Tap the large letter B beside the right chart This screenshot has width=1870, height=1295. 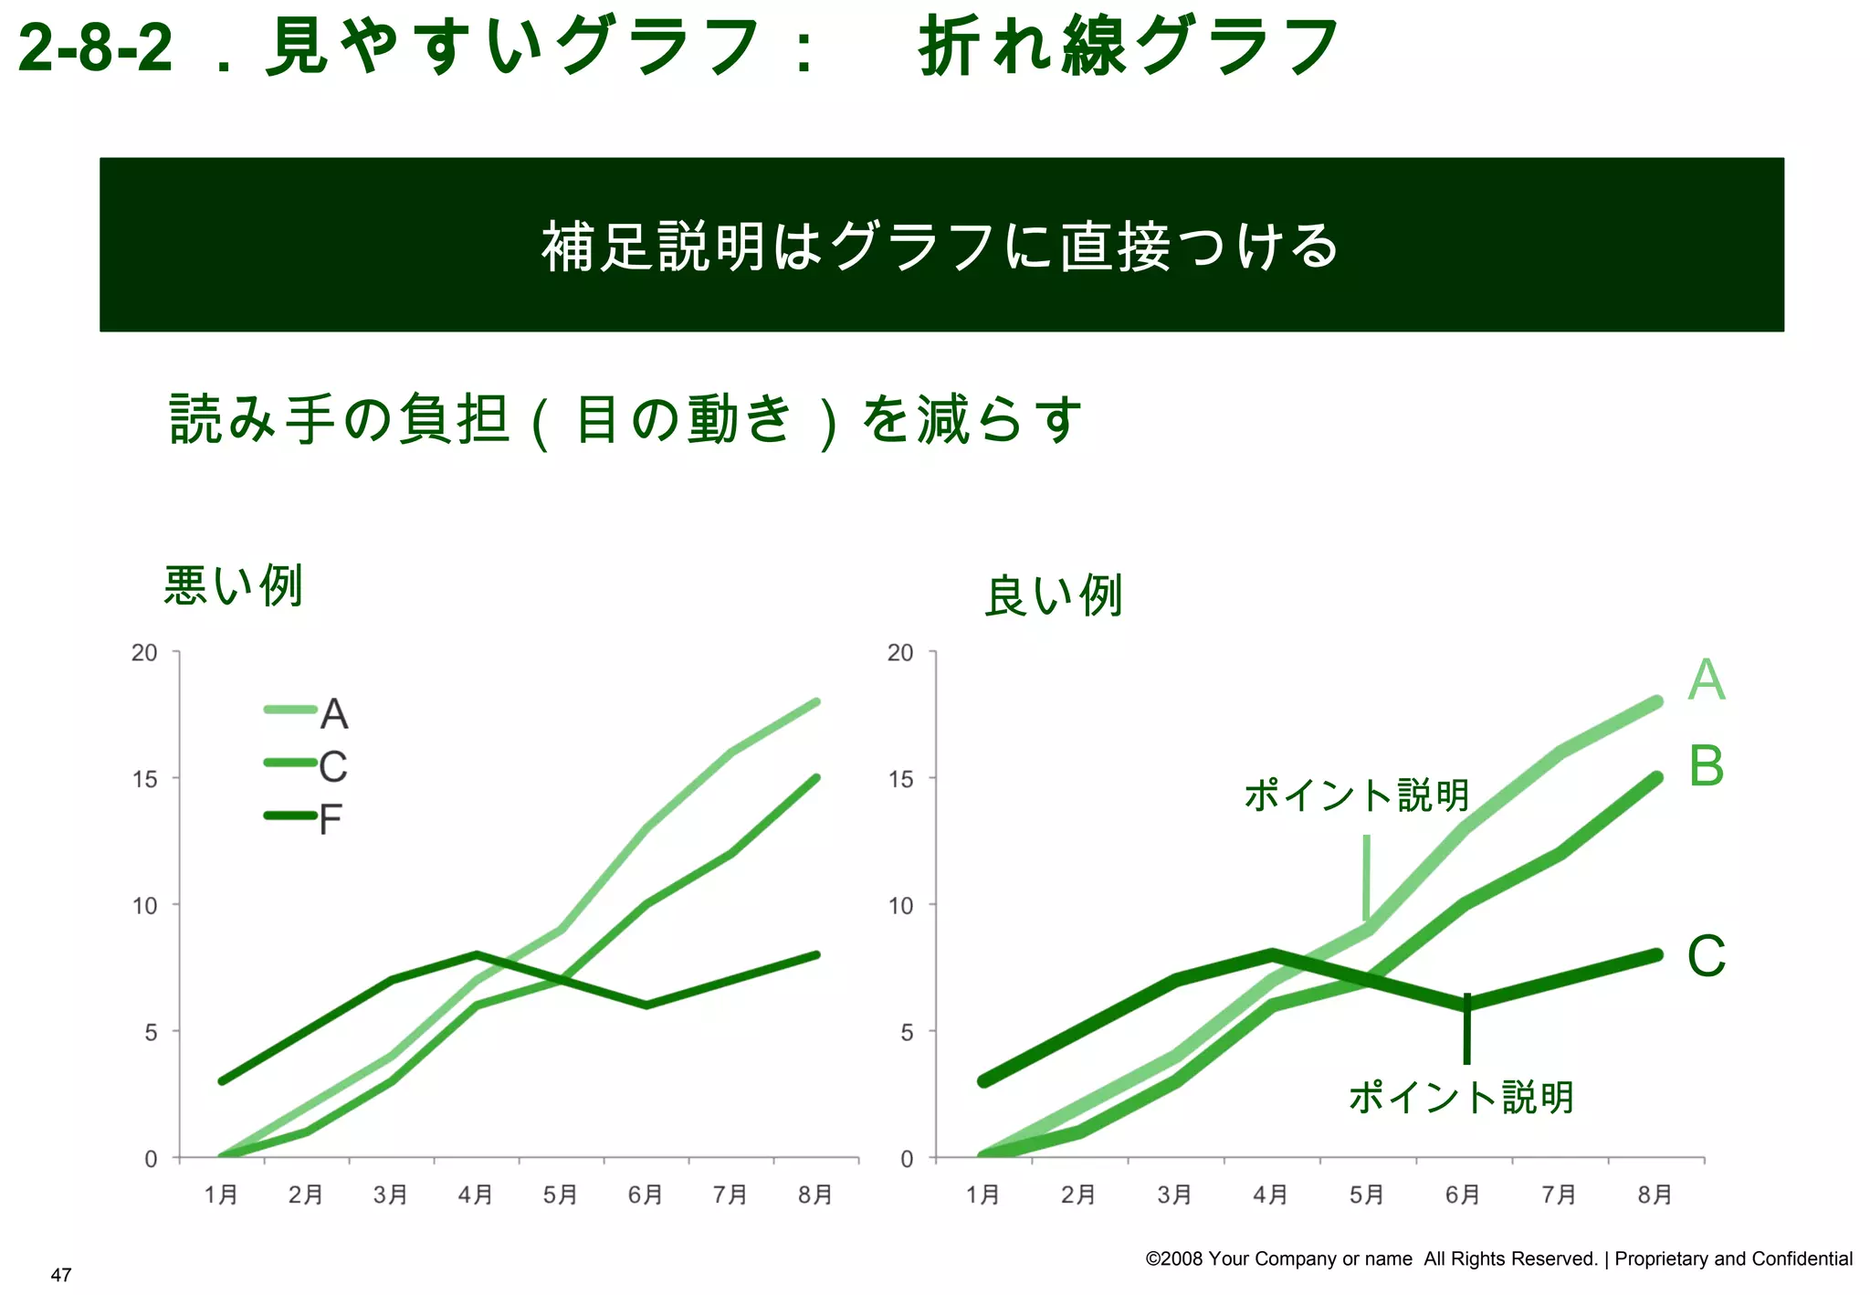pyautogui.click(x=1706, y=766)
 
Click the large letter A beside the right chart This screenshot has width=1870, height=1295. pyautogui.click(x=1706, y=680)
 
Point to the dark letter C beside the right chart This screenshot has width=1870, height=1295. pyautogui.click(x=1706, y=956)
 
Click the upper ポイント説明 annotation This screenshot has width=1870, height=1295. pyautogui.click(x=1356, y=795)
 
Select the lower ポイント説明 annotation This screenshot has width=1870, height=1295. pyautogui.click(x=1461, y=1097)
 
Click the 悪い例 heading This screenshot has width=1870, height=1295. pyautogui.click(x=233, y=585)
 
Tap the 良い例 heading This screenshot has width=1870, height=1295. pyautogui.click(x=1053, y=596)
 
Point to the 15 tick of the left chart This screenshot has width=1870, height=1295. pyautogui.click(x=144, y=779)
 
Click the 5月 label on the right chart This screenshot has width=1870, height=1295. pyautogui.click(x=1366, y=1195)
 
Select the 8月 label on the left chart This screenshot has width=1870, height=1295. pyautogui.click(x=814, y=1195)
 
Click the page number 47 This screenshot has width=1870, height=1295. pyautogui.click(x=61, y=1275)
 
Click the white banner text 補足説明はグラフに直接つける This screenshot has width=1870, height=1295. pyautogui.click(x=940, y=246)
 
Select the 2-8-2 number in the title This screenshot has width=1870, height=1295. pyautogui.click(x=95, y=47)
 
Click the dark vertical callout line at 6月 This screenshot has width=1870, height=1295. pyautogui.click(x=1466, y=1030)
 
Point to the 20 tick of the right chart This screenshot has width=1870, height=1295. pyautogui.click(x=899, y=653)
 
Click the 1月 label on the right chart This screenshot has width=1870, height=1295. pyautogui.click(x=982, y=1195)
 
